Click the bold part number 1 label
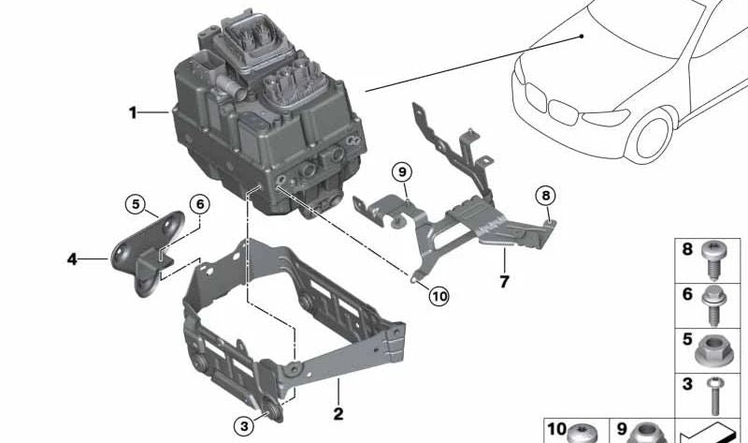click(x=133, y=113)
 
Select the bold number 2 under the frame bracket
click(x=338, y=412)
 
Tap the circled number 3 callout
click(x=244, y=426)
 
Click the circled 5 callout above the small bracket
click(x=136, y=204)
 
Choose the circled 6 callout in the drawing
click(x=199, y=204)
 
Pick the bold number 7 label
click(x=503, y=280)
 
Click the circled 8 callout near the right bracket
click(x=545, y=197)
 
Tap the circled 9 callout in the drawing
click(x=401, y=172)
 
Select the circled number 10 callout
click(x=439, y=296)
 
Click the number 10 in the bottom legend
click(x=557, y=429)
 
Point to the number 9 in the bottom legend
click(x=623, y=429)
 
